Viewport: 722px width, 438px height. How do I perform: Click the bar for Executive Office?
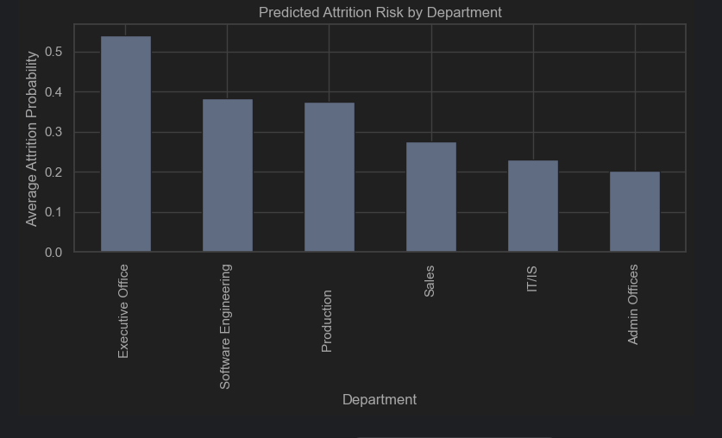pyautogui.click(x=126, y=144)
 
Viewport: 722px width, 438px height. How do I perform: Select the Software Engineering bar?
pyautogui.click(x=228, y=176)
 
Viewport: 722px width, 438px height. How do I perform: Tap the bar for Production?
pyautogui.click(x=330, y=178)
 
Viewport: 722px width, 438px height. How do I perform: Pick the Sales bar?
pyautogui.click(x=431, y=197)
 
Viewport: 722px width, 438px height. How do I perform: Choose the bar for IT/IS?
pyautogui.click(x=533, y=206)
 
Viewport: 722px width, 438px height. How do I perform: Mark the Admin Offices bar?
pyautogui.click(x=635, y=212)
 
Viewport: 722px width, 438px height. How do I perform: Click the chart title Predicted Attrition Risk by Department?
pyautogui.click(x=380, y=13)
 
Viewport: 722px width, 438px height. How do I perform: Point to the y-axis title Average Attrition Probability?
pyautogui.click(x=32, y=139)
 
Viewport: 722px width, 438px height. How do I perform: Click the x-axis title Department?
pyautogui.click(x=380, y=400)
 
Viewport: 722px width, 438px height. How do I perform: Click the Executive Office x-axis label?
pyautogui.click(x=123, y=311)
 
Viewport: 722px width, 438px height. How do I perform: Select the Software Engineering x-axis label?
pyautogui.click(x=225, y=327)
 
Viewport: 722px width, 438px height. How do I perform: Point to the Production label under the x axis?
pyautogui.click(x=327, y=321)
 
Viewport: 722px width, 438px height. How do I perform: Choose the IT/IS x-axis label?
pyautogui.click(x=531, y=278)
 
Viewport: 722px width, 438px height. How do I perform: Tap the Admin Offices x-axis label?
pyautogui.click(x=633, y=304)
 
